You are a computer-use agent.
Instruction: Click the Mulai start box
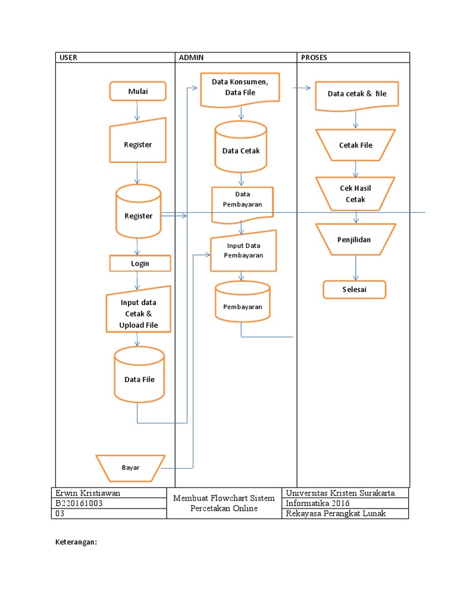pos(137,92)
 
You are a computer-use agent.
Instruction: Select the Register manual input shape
pos(138,143)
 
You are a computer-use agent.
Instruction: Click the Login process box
pos(140,263)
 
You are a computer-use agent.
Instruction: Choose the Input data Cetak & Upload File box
pos(139,311)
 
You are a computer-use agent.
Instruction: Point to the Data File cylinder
pos(139,376)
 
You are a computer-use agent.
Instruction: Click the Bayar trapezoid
pos(130,467)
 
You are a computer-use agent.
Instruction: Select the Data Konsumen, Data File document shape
pos(240,89)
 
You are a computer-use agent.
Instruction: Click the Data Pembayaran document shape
pos(242,202)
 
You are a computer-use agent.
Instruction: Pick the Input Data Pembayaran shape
pos(243,250)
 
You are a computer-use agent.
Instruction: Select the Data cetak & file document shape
pos(356,95)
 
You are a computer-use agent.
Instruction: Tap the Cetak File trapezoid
pos(356,145)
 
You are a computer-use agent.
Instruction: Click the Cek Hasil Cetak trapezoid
pos(355,194)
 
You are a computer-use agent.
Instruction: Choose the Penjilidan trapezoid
pos(356,239)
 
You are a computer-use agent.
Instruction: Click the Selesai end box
pos(355,290)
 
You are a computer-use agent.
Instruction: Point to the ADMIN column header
pos(192,58)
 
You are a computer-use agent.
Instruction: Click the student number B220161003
pos(80,503)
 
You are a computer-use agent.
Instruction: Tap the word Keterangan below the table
pos(76,542)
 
